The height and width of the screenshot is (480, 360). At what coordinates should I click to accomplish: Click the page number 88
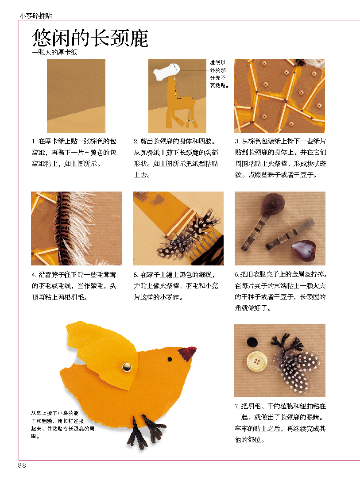point(22,465)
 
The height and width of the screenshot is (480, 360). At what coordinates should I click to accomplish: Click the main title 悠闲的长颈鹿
point(90,38)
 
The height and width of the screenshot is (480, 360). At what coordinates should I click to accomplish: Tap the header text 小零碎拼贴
point(36,15)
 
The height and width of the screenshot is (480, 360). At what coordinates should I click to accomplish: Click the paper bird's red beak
point(187,353)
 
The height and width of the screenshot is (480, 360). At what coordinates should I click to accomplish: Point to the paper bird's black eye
point(170,359)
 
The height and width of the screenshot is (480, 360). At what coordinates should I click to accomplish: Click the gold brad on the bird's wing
point(127,367)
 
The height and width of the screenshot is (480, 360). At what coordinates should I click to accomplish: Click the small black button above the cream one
point(252,342)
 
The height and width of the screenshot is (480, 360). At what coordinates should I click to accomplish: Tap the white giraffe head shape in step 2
point(166,72)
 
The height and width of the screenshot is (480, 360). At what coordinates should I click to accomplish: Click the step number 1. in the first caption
point(34,142)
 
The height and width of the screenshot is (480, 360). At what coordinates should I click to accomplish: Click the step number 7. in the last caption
point(237,407)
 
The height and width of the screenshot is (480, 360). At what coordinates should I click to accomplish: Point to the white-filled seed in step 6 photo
point(303,249)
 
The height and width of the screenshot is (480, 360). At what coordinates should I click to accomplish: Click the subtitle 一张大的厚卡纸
point(54,52)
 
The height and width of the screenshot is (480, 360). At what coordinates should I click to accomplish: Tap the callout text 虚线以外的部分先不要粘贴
point(219,74)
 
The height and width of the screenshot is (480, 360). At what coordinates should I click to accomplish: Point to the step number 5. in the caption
point(136,275)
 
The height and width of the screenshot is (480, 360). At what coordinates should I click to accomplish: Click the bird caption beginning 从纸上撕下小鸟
point(62,425)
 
